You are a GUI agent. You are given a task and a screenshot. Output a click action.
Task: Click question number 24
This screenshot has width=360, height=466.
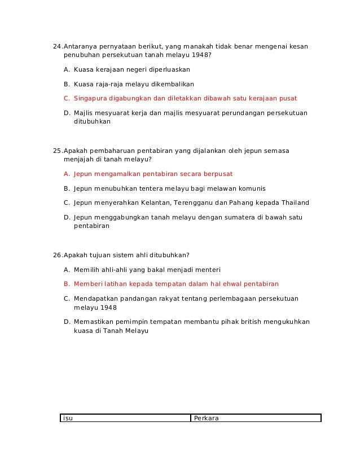57,46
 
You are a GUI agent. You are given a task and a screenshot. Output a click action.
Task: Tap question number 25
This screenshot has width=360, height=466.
57,151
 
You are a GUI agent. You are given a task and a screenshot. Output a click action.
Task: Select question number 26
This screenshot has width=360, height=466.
57,255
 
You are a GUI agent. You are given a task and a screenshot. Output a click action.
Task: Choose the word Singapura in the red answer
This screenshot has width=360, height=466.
91,98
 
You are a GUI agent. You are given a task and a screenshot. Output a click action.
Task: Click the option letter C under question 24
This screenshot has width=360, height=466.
67,98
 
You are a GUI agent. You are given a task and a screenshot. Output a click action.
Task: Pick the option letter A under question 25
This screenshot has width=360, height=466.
67,174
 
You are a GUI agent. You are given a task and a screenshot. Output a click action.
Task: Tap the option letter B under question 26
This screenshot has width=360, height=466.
67,284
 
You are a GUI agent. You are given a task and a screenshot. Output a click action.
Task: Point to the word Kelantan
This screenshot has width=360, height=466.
155,203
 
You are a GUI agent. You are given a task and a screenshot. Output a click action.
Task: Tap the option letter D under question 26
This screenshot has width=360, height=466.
67,322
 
